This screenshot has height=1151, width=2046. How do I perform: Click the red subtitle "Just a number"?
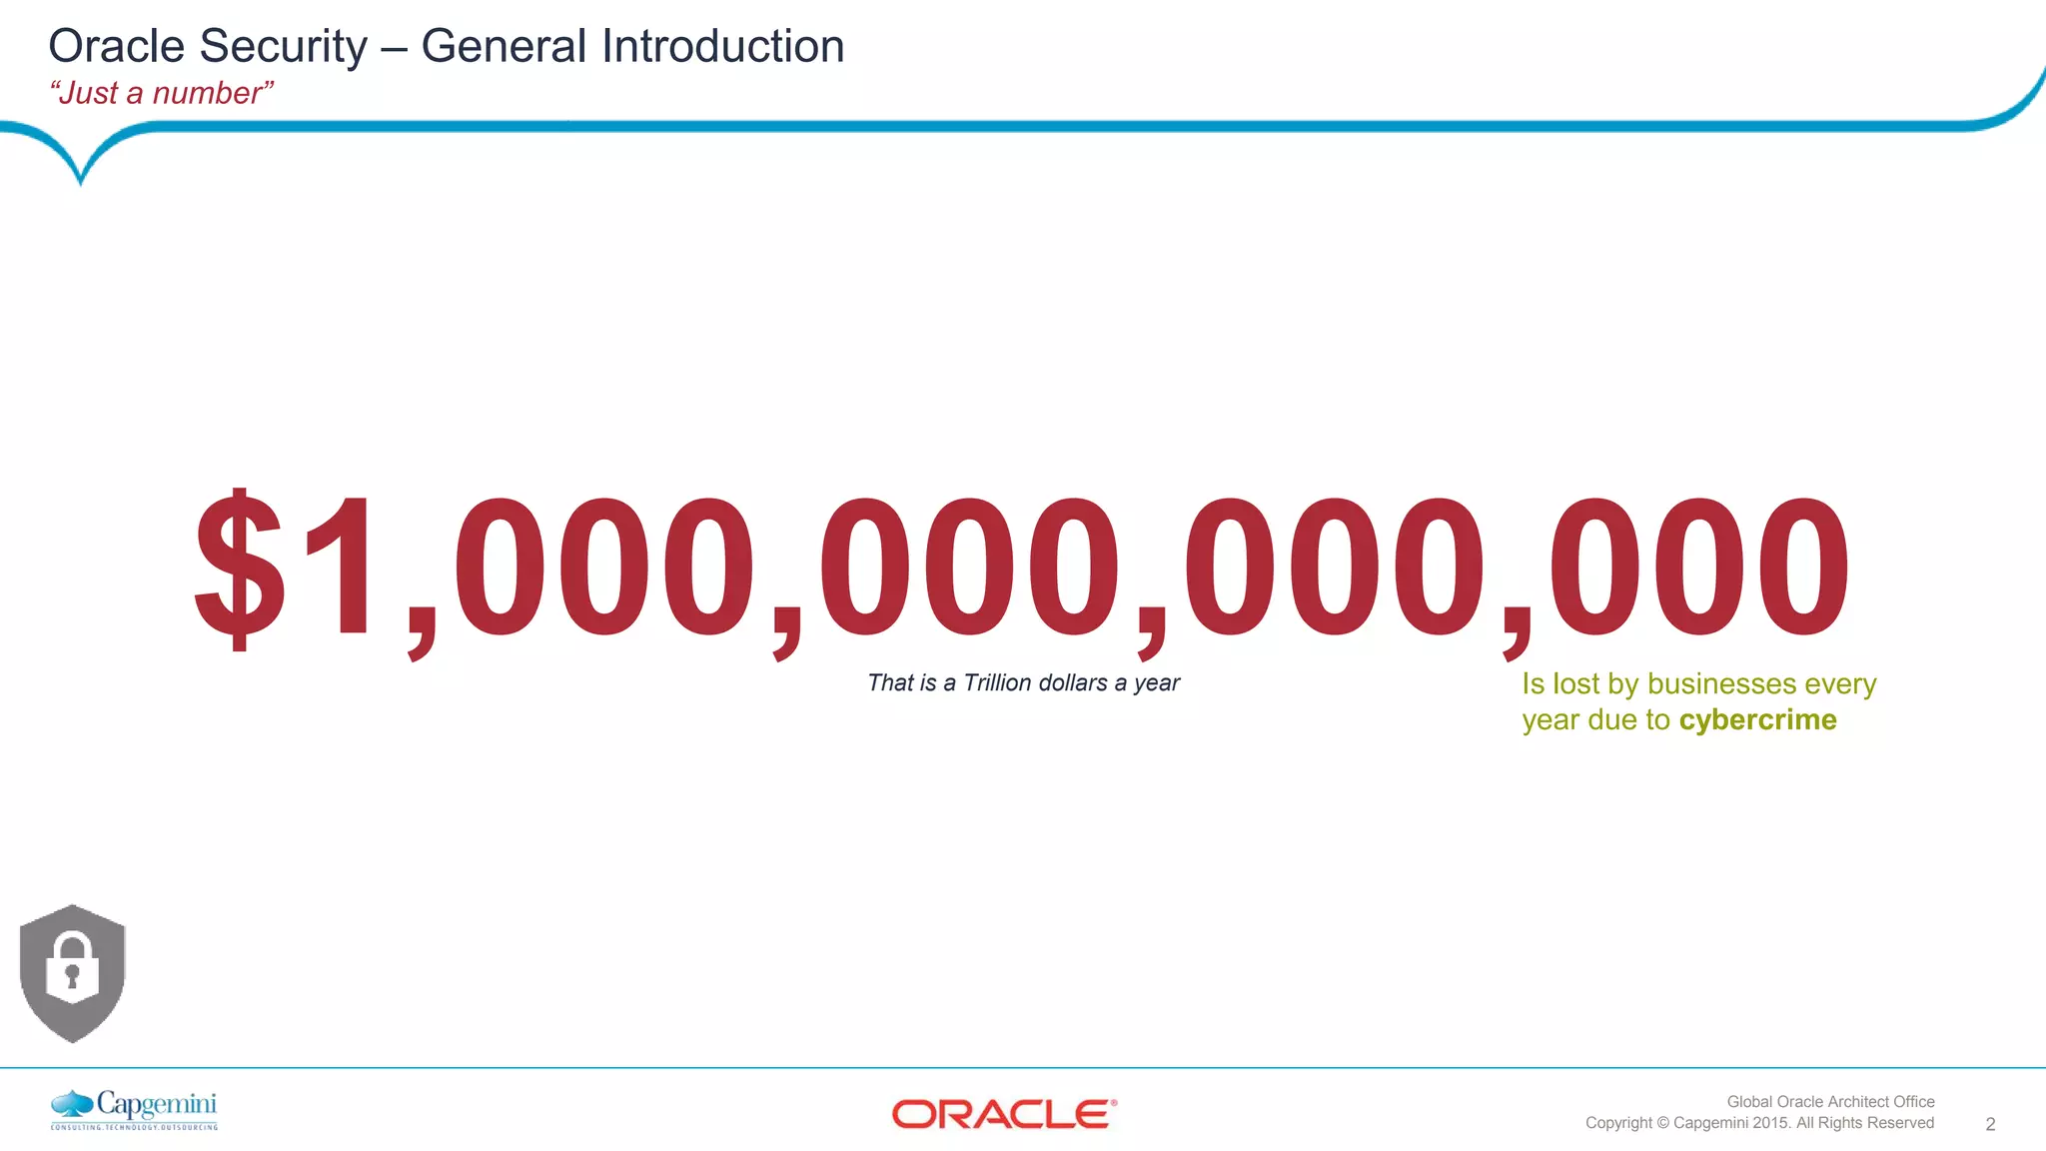point(161,93)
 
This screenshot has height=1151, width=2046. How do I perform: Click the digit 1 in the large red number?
point(340,568)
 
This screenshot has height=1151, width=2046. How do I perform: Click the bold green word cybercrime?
point(1757,719)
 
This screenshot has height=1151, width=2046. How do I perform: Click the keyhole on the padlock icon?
point(72,974)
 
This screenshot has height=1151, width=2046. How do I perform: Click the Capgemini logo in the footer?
point(134,1109)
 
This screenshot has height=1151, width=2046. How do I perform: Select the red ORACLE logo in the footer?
point(1003,1114)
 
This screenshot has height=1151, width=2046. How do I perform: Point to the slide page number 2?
point(1990,1124)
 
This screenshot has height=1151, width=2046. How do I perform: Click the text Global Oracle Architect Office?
point(1830,1101)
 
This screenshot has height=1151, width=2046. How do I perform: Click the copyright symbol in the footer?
point(1662,1123)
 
